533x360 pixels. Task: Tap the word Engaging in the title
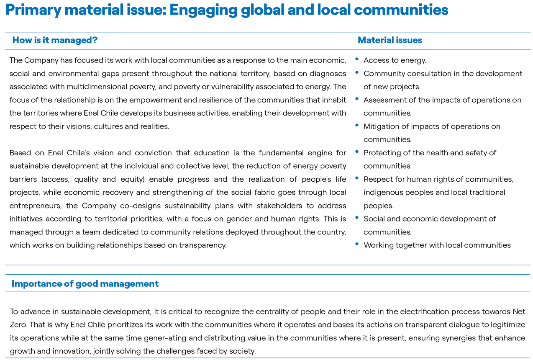(203, 10)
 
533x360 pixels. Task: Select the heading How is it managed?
(55, 40)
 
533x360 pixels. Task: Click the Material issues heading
(390, 40)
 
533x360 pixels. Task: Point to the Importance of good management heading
(85, 284)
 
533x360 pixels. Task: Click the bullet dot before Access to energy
(357, 59)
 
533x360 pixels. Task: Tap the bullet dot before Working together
(357, 244)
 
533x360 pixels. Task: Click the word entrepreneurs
(36, 206)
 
